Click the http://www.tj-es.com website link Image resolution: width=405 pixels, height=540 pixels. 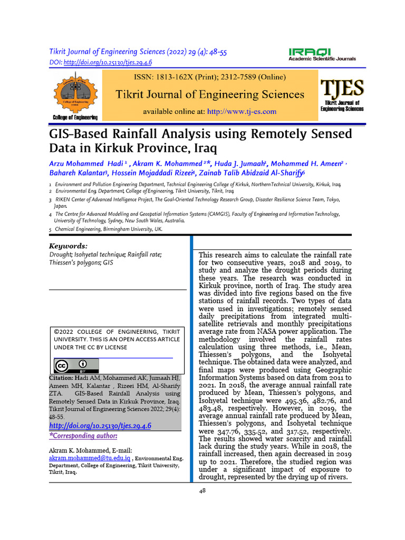242,112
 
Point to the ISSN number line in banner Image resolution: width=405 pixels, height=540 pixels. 210,77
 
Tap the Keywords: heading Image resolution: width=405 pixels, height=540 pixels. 68,246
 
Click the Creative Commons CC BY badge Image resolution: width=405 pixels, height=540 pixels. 76,366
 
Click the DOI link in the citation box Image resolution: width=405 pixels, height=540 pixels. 100,426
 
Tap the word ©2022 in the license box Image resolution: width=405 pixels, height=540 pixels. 65,331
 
